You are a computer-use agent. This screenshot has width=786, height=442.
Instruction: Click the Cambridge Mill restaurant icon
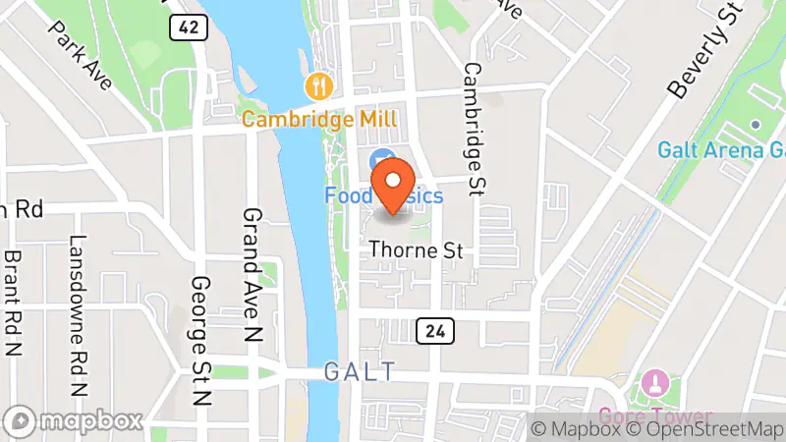[318, 86]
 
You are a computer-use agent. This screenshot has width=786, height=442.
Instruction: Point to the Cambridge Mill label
[319, 119]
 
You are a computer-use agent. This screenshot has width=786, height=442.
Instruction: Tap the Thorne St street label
[416, 251]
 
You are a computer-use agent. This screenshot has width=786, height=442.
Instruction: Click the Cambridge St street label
[473, 128]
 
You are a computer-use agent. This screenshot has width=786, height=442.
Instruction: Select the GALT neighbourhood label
[359, 371]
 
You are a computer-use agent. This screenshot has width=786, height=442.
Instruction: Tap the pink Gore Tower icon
[654, 381]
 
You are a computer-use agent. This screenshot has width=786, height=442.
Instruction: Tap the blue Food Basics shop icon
[380, 159]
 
